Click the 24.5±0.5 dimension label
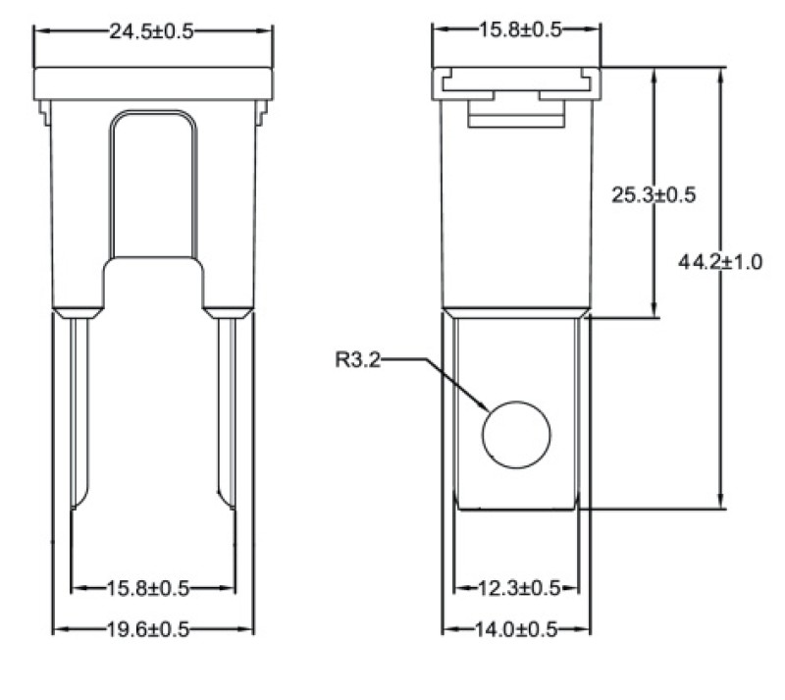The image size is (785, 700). pos(151,31)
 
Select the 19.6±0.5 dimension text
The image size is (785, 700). pos(148,629)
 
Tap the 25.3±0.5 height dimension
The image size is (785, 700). pos(654,195)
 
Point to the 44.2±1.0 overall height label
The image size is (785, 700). pos(720,262)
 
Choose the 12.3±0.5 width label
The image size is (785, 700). pos(519,588)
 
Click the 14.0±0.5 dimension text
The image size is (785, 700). pos(516,629)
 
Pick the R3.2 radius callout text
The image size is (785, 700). pos(358,359)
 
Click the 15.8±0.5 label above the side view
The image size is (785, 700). pos(521,30)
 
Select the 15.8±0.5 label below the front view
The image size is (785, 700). pos(148,588)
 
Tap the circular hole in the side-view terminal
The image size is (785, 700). pos(516,434)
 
